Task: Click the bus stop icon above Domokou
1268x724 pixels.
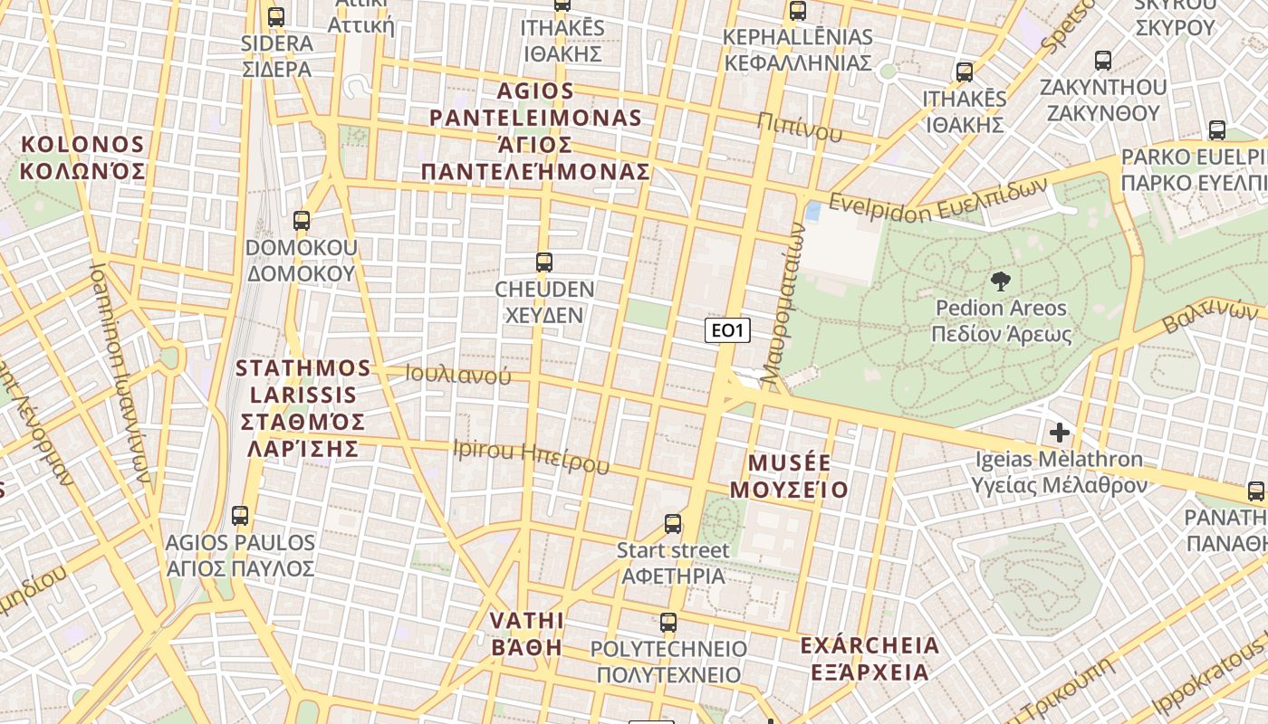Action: click(x=302, y=220)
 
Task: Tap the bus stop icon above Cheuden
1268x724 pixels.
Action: click(x=543, y=262)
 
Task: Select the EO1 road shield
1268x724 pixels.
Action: click(x=727, y=330)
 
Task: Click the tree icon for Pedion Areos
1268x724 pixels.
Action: click(x=1001, y=281)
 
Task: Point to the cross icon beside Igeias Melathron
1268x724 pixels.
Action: click(x=1058, y=433)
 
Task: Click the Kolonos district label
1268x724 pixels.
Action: click(x=82, y=157)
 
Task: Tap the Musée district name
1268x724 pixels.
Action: click(x=789, y=476)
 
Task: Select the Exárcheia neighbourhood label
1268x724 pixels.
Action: click(x=869, y=659)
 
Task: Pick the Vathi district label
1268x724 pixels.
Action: click(x=526, y=633)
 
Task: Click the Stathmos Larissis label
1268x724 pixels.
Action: click(x=303, y=407)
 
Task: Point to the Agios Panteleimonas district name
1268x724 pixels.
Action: click(x=535, y=131)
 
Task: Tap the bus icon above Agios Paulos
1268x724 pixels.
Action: click(x=240, y=516)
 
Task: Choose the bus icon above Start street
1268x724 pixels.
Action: click(x=673, y=523)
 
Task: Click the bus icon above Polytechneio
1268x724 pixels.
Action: click(x=668, y=623)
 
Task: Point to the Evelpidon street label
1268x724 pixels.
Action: click(x=937, y=201)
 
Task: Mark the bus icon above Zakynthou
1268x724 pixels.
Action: click(x=1102, y=61)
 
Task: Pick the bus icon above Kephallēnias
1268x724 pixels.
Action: click(x=797, y=11)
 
